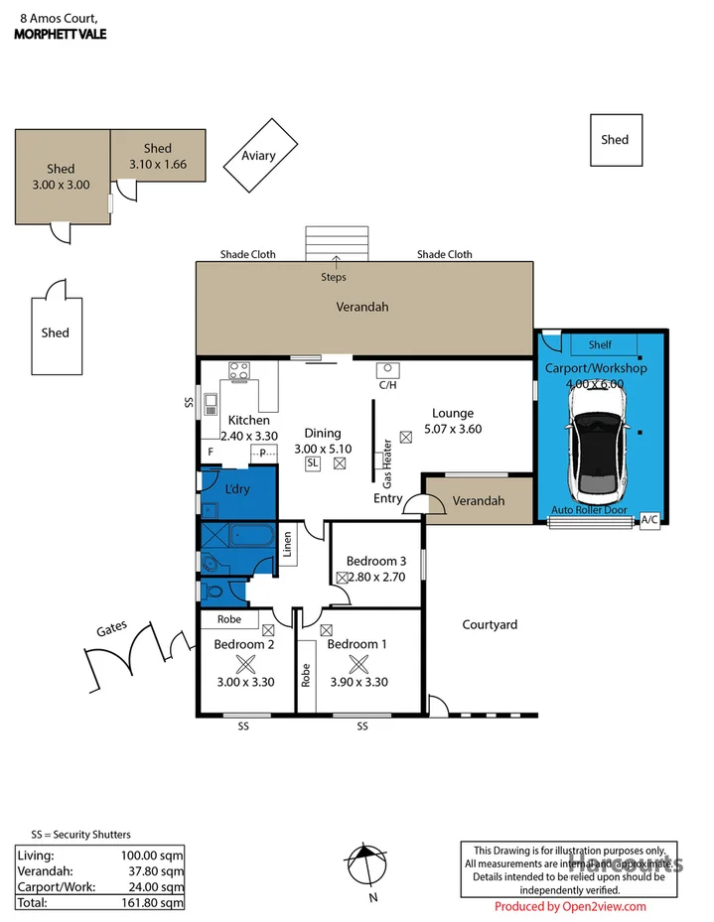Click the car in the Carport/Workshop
tap(596, 443)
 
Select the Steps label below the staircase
tap(334, 277)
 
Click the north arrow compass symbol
tap(366, 863)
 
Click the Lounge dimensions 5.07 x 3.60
tap(452, 429)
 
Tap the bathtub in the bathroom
tap(252, 537)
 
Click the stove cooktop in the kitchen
tap(238, 372)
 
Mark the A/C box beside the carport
tap(649, 518)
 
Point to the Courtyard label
tap(490, 624)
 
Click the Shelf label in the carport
tap(600, 344)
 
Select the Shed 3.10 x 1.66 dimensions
tap(158, 165)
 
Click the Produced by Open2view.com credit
tap(570, 906)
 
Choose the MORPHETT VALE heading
tap(61, 34)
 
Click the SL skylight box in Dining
tap(313, 463)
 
